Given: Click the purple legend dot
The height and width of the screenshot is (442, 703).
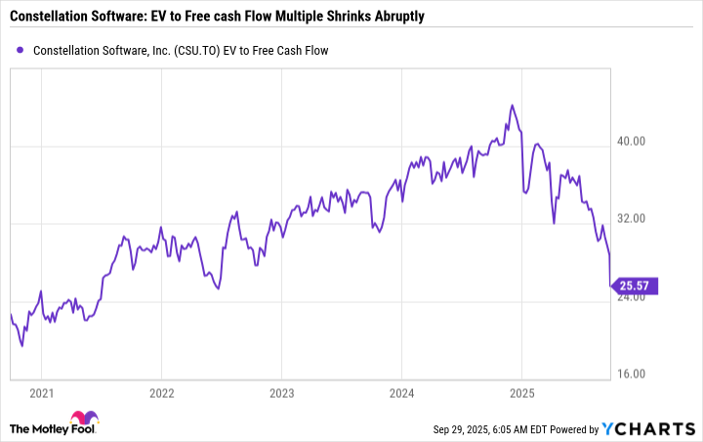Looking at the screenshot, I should click(21, 50).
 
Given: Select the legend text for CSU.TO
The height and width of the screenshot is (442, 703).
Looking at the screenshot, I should click(182, 50).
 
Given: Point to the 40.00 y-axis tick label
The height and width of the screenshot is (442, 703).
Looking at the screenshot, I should click(632, 141).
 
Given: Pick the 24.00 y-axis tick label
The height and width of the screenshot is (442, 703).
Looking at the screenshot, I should click(632, 297).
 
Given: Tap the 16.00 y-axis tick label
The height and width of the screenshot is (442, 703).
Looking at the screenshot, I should click(632, 375).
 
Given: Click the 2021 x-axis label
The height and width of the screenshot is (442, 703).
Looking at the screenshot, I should click(41, 394).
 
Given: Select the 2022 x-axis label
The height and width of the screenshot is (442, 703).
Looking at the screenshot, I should click(161, 394).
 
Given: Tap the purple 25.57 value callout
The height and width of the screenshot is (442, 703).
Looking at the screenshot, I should click(634, 287).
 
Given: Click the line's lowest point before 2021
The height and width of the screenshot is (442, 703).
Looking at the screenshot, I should click(22, 345).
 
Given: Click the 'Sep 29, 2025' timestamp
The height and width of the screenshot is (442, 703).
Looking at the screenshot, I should click(467, 429).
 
